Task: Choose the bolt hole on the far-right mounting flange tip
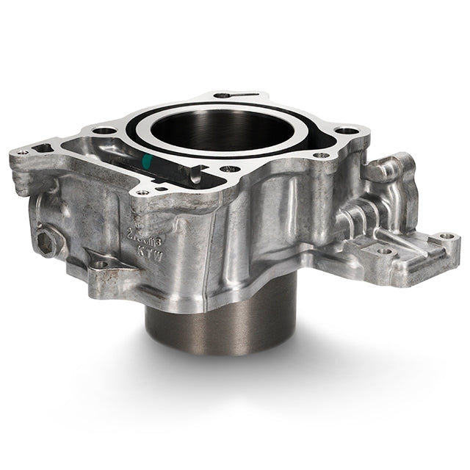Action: pos(445,237)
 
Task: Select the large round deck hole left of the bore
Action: pos(105,130)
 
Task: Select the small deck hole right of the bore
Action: pos(320,156)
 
